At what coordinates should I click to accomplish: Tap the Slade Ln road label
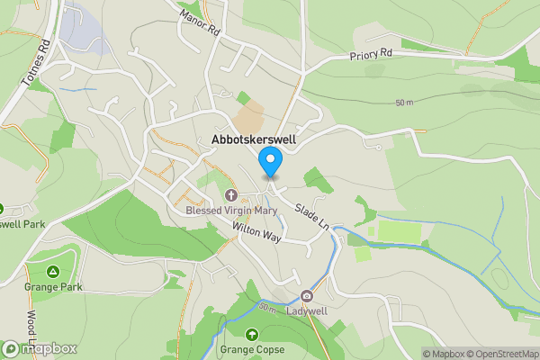[310, 215]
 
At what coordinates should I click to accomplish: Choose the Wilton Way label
[256, 233]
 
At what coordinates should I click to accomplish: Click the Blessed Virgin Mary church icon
[230, 195]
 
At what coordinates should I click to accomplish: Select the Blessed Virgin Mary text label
[231, 211]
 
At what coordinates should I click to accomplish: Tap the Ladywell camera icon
[308, 296]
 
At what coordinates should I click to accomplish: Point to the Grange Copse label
[252, 349]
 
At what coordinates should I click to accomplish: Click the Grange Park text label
[53, 287]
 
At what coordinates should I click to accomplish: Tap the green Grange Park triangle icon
[53, 272]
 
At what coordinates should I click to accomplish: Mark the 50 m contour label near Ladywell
[267, 309]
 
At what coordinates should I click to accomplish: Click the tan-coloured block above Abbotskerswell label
[248, 117]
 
